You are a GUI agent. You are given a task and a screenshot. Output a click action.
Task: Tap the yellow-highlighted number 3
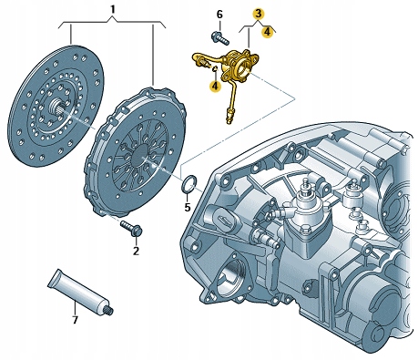(x=259, y=14)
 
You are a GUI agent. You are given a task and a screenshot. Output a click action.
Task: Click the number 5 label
(x=188, y=207)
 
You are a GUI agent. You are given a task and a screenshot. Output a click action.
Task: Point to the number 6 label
(x=219, y=14)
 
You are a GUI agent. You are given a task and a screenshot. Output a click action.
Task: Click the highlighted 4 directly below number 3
(x=267, y=31)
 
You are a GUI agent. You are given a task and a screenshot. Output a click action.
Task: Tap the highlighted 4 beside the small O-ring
(x=215, y=87)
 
